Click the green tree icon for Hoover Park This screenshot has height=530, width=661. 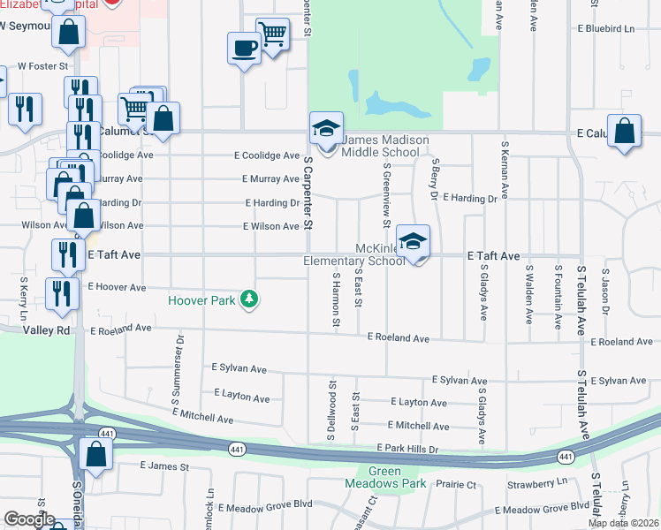coord(250,300)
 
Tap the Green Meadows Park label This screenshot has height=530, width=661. coord(385,477)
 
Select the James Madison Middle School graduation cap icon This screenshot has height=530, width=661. coord(325,128)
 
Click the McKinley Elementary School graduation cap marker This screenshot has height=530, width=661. coord(413,240)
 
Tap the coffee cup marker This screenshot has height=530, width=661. coord(243,48)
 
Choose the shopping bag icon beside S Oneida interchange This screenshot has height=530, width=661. coord(95,454)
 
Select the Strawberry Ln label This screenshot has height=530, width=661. coord(537,483)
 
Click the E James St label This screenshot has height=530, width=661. coord(159,465)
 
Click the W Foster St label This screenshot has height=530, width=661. coord(43,66)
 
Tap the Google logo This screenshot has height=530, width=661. coord(29,519)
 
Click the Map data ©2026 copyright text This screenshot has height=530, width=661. coord(623,523)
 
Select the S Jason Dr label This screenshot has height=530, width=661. coord(606,291)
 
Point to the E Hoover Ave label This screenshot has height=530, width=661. coord(118,287)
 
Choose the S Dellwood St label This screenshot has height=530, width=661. coord(332,404)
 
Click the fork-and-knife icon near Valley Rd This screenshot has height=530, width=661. coord(61,293)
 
